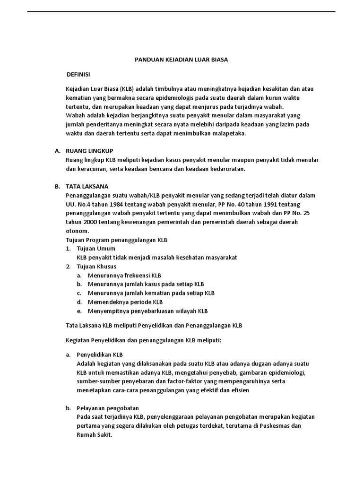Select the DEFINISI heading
pyautogui.click(x=78, y=75)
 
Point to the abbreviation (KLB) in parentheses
pyautogui.click(x=127, y=89)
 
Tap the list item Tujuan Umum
pyautogui.click(x=96, y=249)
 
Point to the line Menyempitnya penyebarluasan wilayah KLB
pyautogui.click(x=147, y=311)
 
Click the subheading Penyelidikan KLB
pyautogui.click(x=100, y=354)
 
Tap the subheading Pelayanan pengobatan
pyautogui.click(x=108, y=408)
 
